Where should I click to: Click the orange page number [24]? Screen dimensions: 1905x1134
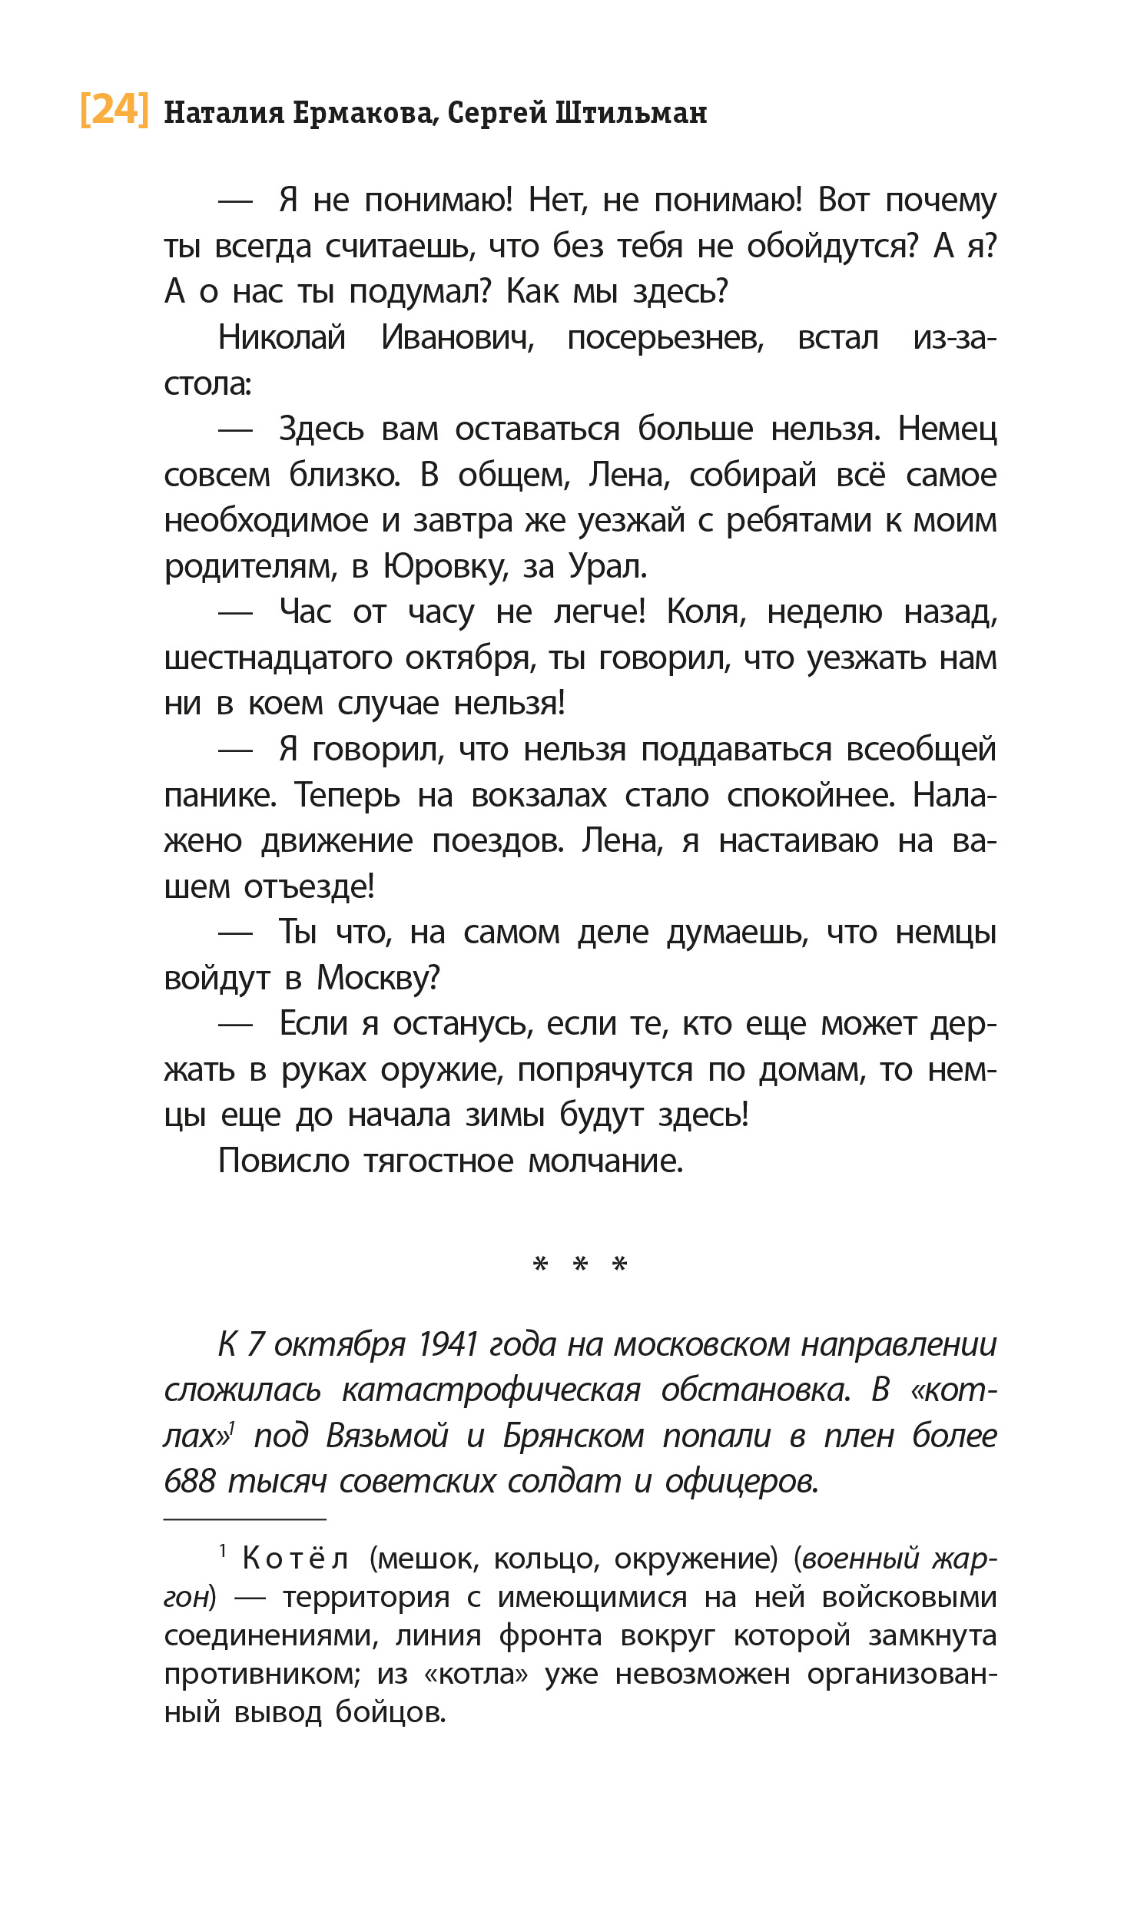[114, 110]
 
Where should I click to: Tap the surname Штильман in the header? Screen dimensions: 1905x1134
[631, 114]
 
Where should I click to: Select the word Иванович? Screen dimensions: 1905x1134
[458, 338]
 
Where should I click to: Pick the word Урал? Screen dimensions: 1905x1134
[608, 567]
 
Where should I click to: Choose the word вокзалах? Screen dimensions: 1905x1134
[539, 796]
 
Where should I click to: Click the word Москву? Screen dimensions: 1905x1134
[378, 979]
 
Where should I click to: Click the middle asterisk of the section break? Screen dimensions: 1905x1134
[581, 1264]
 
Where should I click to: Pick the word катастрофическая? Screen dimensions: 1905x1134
[491, 1391]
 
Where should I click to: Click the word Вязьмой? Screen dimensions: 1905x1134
[387, 1436]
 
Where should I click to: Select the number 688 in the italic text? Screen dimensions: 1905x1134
[190, 1482]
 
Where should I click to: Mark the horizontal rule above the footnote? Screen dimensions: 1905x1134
[245, 1519]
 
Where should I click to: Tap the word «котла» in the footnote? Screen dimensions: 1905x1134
[476, 1675]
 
